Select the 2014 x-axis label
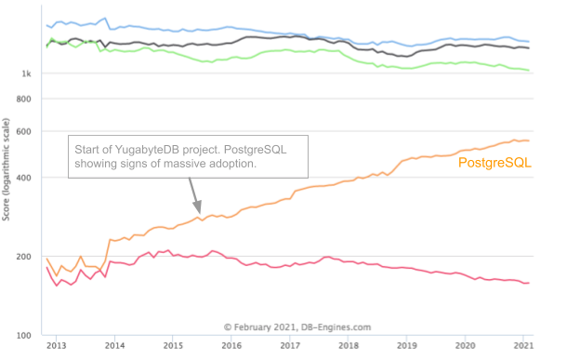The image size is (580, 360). click(x=114, y=345)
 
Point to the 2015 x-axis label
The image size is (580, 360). click(x=173, y=345)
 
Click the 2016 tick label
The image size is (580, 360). click(x=231, y=345)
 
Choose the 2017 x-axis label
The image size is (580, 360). click(x=290, y=345)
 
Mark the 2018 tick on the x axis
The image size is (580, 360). click(x=349, y=345)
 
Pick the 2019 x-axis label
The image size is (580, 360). click(x=407, y=345)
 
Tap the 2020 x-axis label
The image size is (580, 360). click(x=466, y=345)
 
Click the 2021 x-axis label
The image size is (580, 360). click(x=523, y=345)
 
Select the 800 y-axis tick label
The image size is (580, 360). click(x=24, y=99)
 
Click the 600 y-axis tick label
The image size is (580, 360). click(x=24, y=131)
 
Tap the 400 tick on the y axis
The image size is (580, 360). click(x=24, y=178)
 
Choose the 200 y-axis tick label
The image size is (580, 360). click(x=24, y=257)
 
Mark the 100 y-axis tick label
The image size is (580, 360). click(x=24, y=335)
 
